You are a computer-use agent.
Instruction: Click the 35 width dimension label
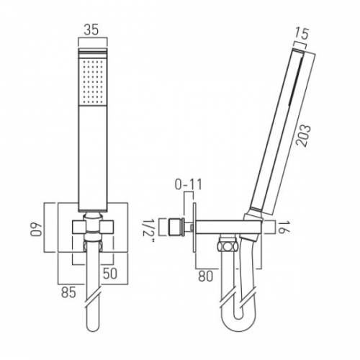point(91,30)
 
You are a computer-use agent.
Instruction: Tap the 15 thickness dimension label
point(302,33)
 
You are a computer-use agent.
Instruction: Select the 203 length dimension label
point(303,135)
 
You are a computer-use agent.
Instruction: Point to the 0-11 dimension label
point(189,185)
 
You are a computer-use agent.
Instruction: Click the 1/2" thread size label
point(150,228)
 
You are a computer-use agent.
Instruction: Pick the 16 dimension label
point(284,227)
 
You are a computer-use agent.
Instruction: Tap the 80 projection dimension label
point(205,276)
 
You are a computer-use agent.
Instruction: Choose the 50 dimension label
point(110,274)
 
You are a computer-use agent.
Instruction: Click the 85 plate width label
point(68,292)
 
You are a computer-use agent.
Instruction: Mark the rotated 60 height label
point(36,229)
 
